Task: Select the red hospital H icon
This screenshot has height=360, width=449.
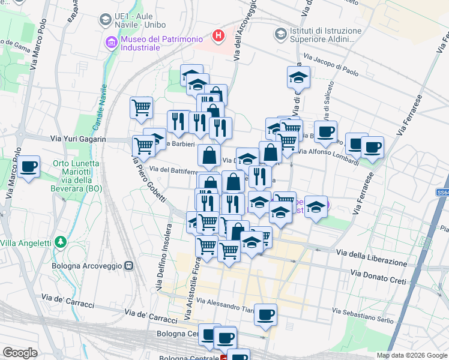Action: tap(218, 36)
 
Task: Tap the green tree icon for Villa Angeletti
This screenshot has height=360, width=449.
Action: tap(60, 242)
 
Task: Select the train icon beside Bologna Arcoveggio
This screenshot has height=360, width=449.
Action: tap(128, 266)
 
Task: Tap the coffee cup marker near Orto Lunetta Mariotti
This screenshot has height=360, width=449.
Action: tap(28, 167)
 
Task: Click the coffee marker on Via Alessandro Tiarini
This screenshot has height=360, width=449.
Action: tap(265, 314)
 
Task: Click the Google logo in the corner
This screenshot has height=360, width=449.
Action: tap(20, 353)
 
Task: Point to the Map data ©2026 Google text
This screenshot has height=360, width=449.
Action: tap(412, 355)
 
